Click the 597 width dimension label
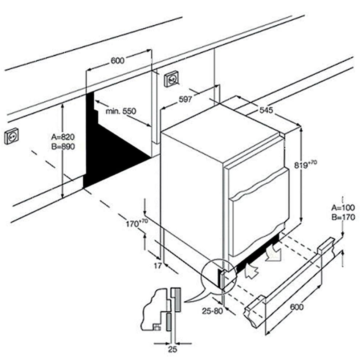tap(185, 99)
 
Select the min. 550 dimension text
tap(121, 111)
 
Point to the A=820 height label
tap(62, 137)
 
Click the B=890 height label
tap(62, 147)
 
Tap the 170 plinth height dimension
tap(136, 223)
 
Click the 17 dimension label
tap(157, 266)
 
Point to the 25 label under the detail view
tap(173, 350)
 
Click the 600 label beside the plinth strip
tap(297, 307)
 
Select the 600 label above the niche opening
tap(117, 61)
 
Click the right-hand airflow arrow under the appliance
tap(273, 253)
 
